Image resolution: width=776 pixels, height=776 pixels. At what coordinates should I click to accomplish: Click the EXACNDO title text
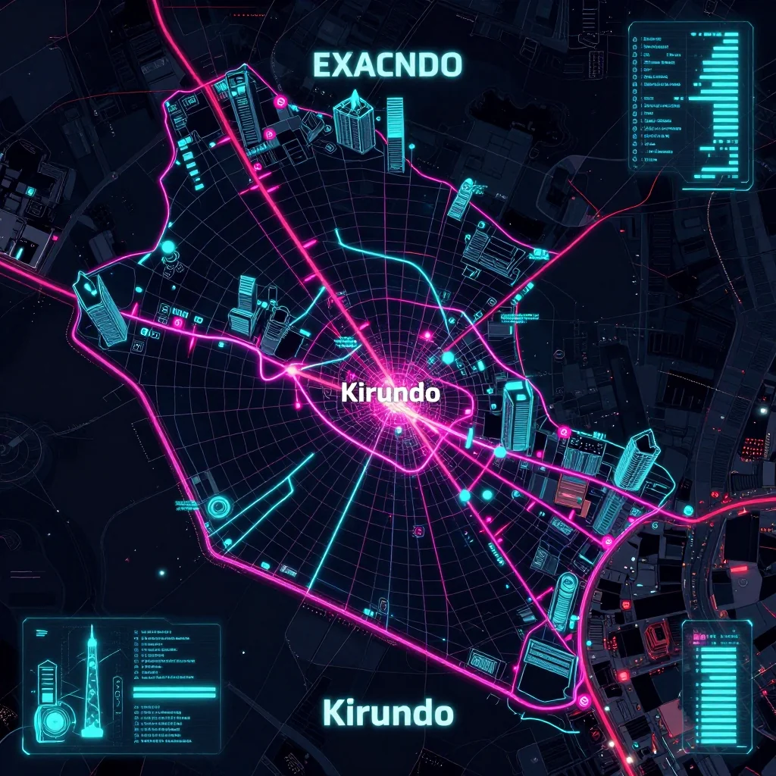click(x=387, y=66)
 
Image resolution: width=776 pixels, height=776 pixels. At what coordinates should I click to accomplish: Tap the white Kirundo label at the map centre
click(x=390, y=393)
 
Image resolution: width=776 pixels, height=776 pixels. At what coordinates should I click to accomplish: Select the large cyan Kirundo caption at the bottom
click(x=387, y=713)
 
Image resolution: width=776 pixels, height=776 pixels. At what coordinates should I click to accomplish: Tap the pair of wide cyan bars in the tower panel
click(x=174, y=693)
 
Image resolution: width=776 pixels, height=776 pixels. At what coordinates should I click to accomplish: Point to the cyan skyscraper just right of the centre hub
click(x=518, y=415)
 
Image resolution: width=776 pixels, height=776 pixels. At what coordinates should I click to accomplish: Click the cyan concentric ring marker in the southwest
click(x=219, y=506)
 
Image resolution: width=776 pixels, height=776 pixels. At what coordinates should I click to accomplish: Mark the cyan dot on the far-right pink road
click(x=688, y=511)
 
